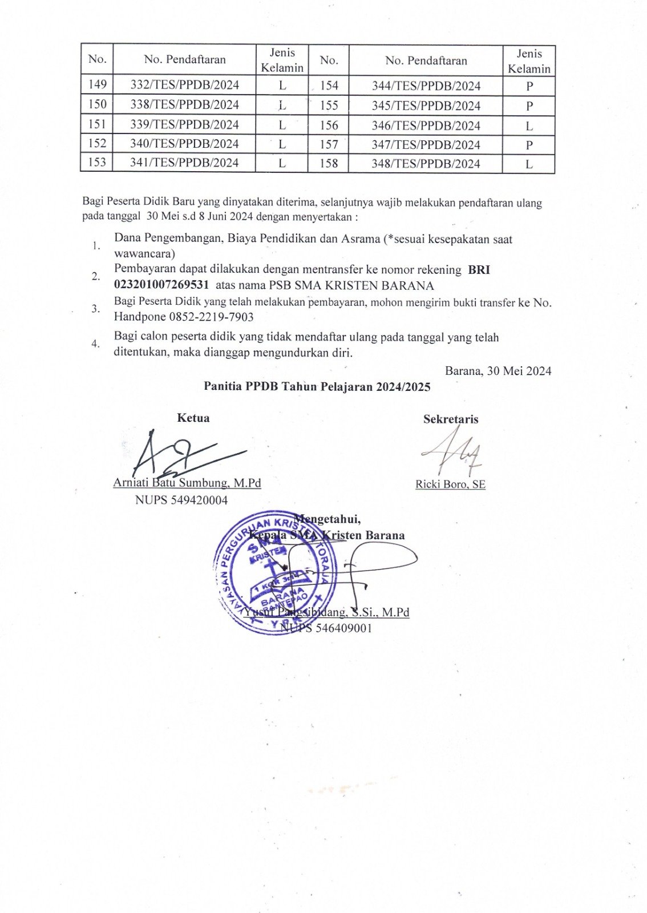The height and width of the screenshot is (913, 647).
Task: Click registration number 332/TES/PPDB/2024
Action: (184, 85)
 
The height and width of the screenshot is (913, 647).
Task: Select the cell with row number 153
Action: (97, 163)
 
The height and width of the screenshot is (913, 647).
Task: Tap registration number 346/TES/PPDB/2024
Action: (426, 126)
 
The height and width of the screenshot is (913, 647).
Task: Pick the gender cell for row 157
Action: (529, 145)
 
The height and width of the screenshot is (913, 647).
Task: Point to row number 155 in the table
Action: (329, 106)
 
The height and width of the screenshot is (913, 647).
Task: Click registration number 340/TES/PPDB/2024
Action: (184, 144)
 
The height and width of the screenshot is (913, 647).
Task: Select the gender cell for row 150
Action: (282, 105)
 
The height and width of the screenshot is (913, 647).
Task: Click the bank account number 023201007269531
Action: (161, 285)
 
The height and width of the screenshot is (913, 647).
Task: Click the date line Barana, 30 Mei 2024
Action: (498, 371)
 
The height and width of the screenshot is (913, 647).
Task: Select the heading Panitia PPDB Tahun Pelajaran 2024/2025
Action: (317, 387)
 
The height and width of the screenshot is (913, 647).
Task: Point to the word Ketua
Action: (193, 418)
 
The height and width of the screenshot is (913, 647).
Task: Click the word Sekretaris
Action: (451, 419)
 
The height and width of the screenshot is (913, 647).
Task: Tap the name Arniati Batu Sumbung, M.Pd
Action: (187, 483)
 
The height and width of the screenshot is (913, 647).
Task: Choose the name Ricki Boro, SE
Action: (450, 484)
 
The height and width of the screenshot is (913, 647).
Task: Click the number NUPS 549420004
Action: (181, 500)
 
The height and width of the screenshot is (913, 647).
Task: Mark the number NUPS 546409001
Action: (326, 628)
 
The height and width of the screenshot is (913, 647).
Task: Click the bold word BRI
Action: (479, 270)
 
